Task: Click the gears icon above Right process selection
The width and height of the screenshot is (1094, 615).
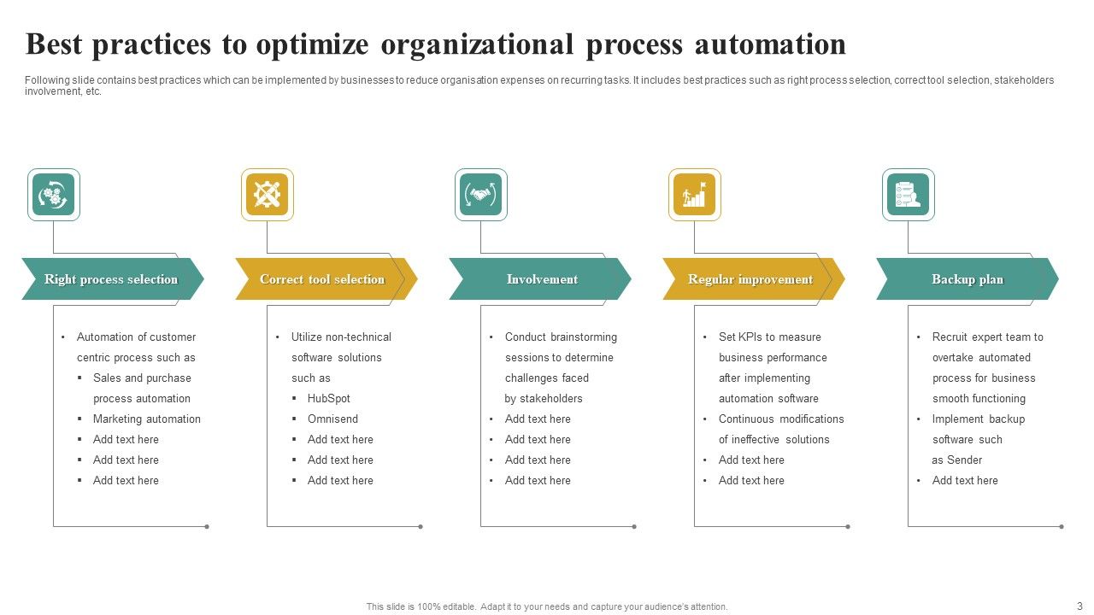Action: [x=54, y=195]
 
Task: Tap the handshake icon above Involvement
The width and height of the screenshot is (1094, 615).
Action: [x=481, y=195]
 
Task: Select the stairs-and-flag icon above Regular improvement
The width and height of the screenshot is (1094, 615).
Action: [x=695, y=195]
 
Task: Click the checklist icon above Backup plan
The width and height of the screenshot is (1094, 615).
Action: [x=909, y=195]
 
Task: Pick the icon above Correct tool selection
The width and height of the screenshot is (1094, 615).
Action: [x=268, y=195]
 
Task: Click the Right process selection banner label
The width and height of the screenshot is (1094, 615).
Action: [x=111, y=279]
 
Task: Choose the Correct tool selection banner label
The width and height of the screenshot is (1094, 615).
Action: [x=322, y=279]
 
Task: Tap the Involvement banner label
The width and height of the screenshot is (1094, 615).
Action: [x=542, y=279]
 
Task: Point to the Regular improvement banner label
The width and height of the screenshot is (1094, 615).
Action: [x=750, y=279]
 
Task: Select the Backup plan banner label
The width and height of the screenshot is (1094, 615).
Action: [x=968, y=279]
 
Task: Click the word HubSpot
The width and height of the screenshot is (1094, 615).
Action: [x=329, y=399]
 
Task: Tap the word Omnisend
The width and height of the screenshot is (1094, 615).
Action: [x=332, y=419]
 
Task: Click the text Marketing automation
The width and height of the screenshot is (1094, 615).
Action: [x=147, y=419]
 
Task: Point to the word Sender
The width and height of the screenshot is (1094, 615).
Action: [x=965, y=460]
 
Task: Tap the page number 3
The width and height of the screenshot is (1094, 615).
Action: [x=1079, y=606]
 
